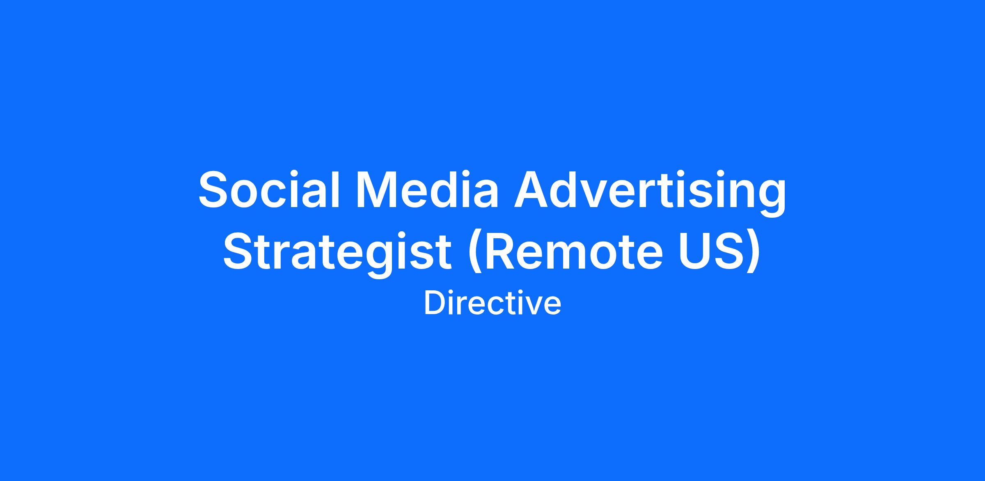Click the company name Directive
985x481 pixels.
click(492, 303)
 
